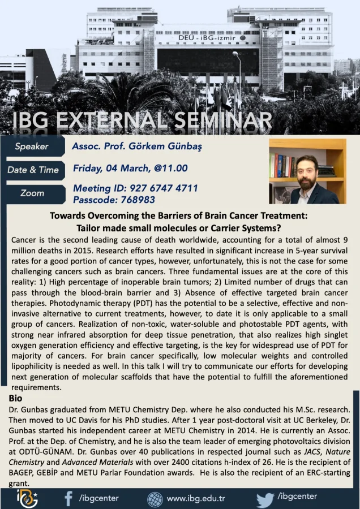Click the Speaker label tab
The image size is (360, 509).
pos(32,146)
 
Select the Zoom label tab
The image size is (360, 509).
pos(32,193)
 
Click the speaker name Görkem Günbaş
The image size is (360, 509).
pos(165,146)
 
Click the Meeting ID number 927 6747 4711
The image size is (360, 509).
pos(164,188)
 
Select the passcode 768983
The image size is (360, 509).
pos(138,200)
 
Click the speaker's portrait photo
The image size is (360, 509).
pos(308,171)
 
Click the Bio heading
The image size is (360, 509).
pos(16,398)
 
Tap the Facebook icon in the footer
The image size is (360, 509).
pos(68,499)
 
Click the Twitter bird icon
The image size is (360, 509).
pos(265,500)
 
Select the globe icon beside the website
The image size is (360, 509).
pos(155,499)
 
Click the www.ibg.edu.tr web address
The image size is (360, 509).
pos(196,499)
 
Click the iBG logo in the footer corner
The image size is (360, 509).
pos(27,498)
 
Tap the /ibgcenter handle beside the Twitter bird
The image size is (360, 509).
pos(297,497)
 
